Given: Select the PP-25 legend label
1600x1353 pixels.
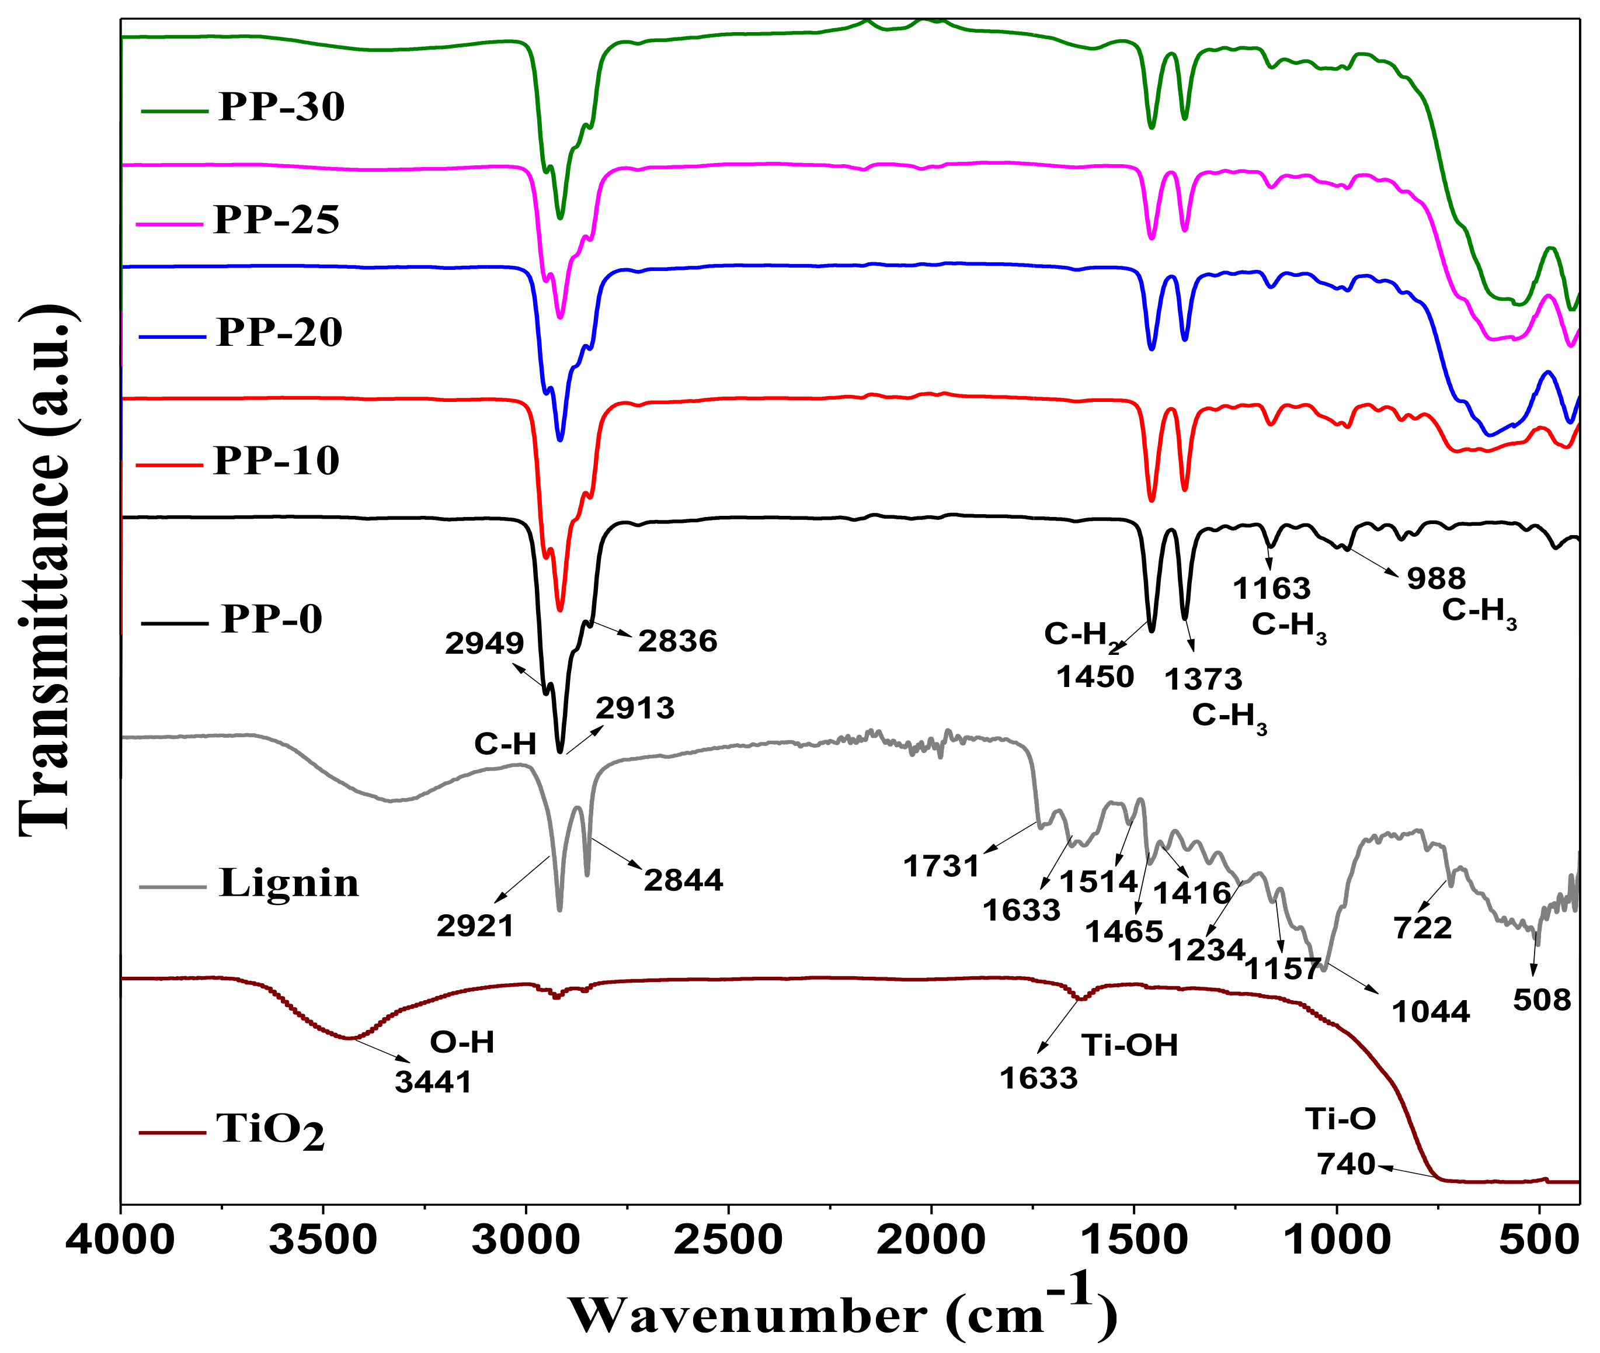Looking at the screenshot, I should [276, 220].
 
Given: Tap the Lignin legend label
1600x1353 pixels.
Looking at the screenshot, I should [288, 883].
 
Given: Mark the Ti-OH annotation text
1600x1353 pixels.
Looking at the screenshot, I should [1129, 1046].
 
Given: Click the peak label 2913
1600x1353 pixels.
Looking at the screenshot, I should [635, 708].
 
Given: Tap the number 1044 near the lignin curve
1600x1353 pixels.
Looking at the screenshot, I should [1431, 1012].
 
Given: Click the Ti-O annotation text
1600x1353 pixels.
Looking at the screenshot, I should [1341, 1119].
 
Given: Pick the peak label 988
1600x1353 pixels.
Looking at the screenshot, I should [1436, 578].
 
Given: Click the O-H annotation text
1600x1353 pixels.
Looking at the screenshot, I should [461, 1042].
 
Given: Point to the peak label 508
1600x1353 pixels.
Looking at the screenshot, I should [1542, 1000].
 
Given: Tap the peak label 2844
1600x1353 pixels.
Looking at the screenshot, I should [683, 880].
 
